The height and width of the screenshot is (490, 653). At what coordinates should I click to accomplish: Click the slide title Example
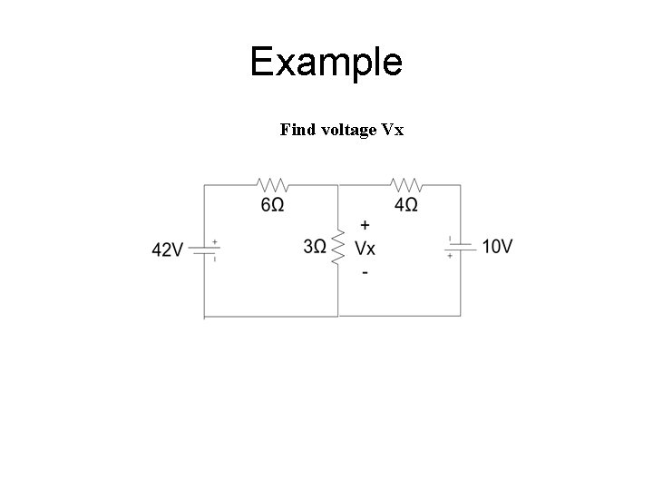click(x=326, y=62)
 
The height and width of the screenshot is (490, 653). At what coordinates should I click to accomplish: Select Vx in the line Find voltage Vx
click(x=393, y=130)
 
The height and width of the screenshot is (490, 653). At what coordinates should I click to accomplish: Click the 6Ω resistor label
click(x=272, y=205)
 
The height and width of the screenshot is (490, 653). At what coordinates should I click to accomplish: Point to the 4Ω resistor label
click(x=406, y=205)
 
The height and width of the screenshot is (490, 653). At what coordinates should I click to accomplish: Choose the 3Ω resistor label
click(x=315, y=247)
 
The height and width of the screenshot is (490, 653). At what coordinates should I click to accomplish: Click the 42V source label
click(x=168, y=250)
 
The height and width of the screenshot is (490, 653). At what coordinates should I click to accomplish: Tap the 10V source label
click(x=498, y=246)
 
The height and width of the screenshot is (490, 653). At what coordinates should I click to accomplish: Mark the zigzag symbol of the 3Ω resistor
click(x=338, y=247)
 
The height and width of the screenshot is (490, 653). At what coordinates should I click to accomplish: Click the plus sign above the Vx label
click(x=365, y=224)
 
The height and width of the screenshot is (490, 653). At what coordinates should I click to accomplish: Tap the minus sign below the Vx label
click(x=365, y=271)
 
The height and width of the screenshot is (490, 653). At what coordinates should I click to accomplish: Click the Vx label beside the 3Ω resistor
click(x=365, y=248)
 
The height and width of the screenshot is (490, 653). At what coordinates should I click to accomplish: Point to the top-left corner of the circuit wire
click(x=205, y=185)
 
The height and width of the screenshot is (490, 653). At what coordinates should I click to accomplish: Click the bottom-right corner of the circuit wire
click(x=461, y=316)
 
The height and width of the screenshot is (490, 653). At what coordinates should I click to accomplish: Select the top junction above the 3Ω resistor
click(x=338, y=185)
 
